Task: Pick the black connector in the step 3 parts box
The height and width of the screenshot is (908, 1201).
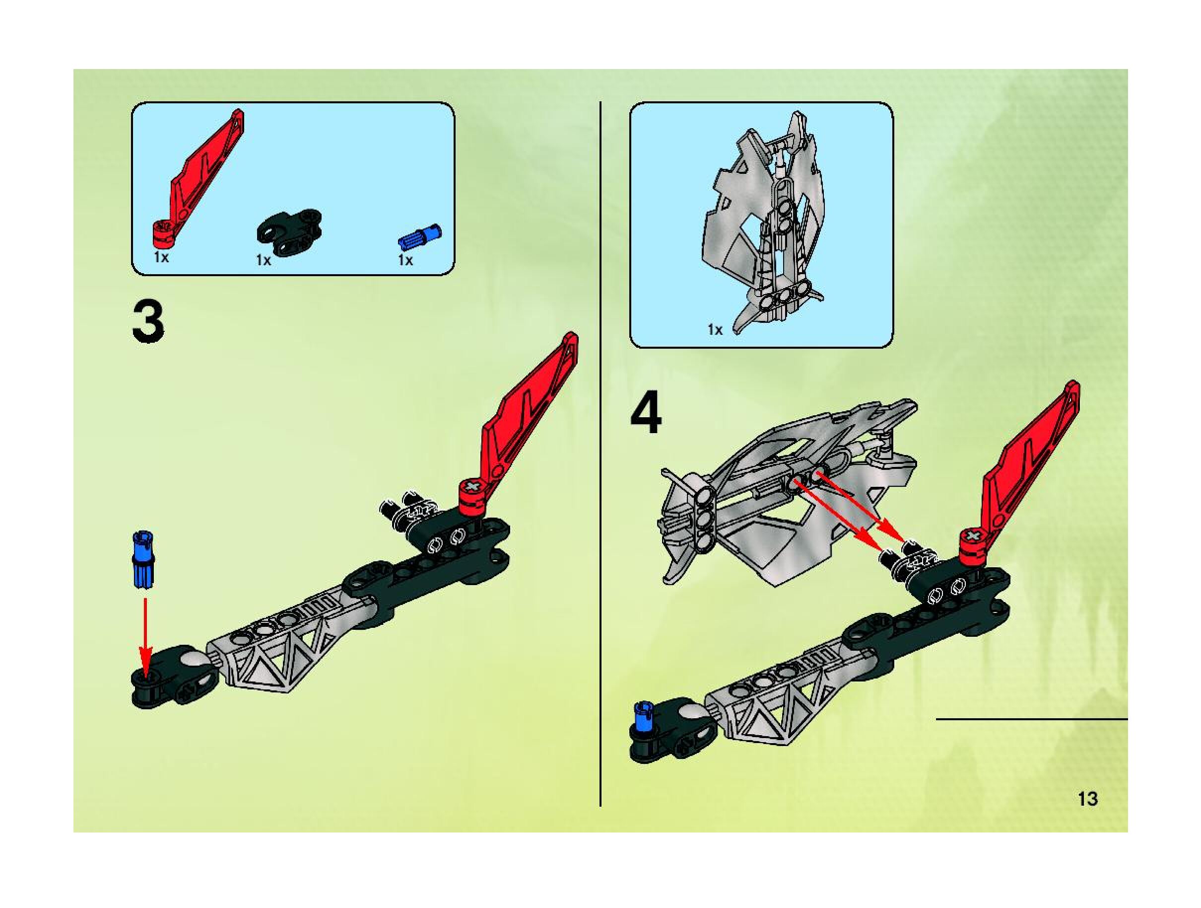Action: coord(289,232)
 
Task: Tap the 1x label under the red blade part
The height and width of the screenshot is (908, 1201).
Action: coord(161,257)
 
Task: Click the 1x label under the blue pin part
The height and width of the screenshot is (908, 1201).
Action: coord(405,260)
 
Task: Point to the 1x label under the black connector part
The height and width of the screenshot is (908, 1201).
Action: coord(264,260)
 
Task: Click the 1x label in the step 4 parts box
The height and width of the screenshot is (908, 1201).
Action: coord(715,329)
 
